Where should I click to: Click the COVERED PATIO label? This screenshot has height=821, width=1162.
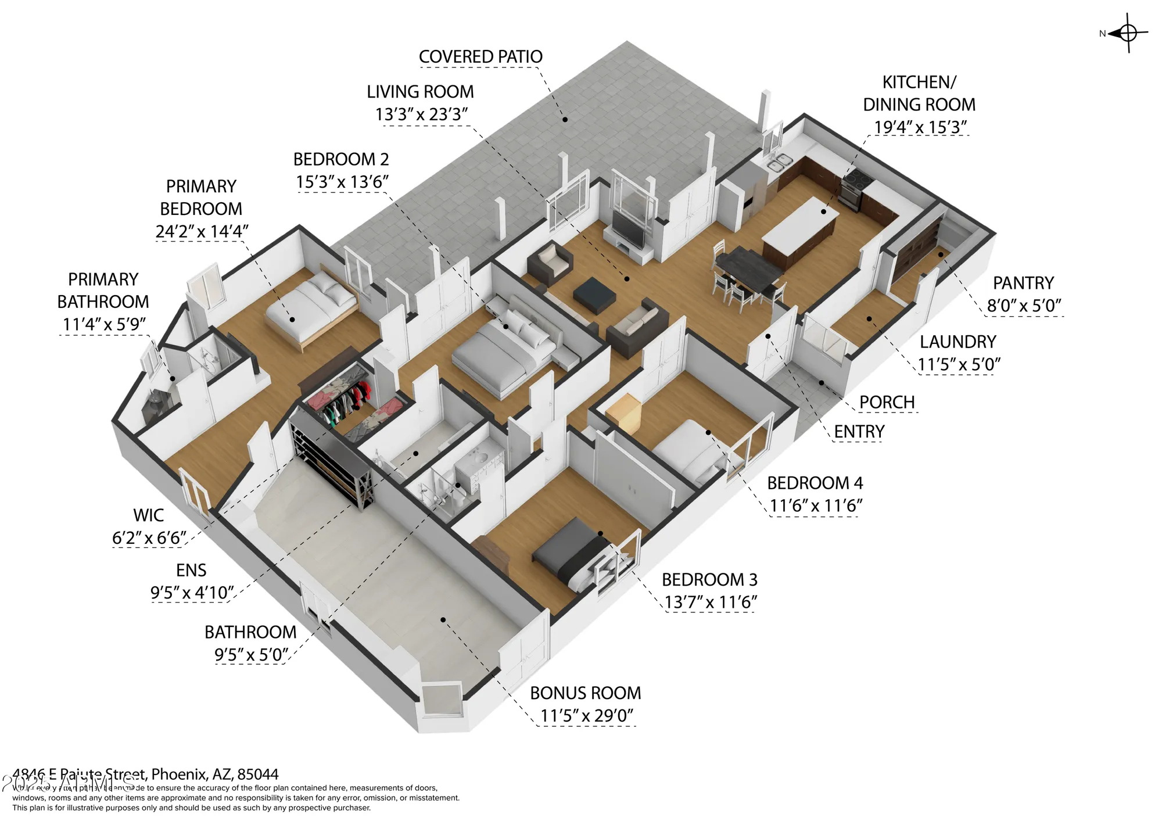[480, 57]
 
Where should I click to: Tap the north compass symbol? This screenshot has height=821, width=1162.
[1127, 34]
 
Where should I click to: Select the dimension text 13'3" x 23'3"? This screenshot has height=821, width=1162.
[421, 114]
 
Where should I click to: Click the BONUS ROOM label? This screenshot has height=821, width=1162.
[585, 693]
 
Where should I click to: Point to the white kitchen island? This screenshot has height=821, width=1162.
[801, 230]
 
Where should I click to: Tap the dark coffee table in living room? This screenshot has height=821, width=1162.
[594, 292]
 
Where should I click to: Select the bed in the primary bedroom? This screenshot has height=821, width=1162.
[311, 305]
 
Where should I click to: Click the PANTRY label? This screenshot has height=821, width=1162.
[1023, 283]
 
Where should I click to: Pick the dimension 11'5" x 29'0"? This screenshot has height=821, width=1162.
[586, 716]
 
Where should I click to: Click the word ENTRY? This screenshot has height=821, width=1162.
[859, 432]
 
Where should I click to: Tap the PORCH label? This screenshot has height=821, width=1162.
[887, 402]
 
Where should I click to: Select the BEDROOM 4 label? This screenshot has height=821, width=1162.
[815, 483]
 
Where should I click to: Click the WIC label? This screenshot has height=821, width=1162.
[148, 515]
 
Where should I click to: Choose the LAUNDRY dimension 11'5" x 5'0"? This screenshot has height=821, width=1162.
[959, 364]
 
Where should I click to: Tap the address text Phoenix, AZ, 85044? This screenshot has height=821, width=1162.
[215, 775]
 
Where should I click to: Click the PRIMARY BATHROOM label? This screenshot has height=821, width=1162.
[103, 291]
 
